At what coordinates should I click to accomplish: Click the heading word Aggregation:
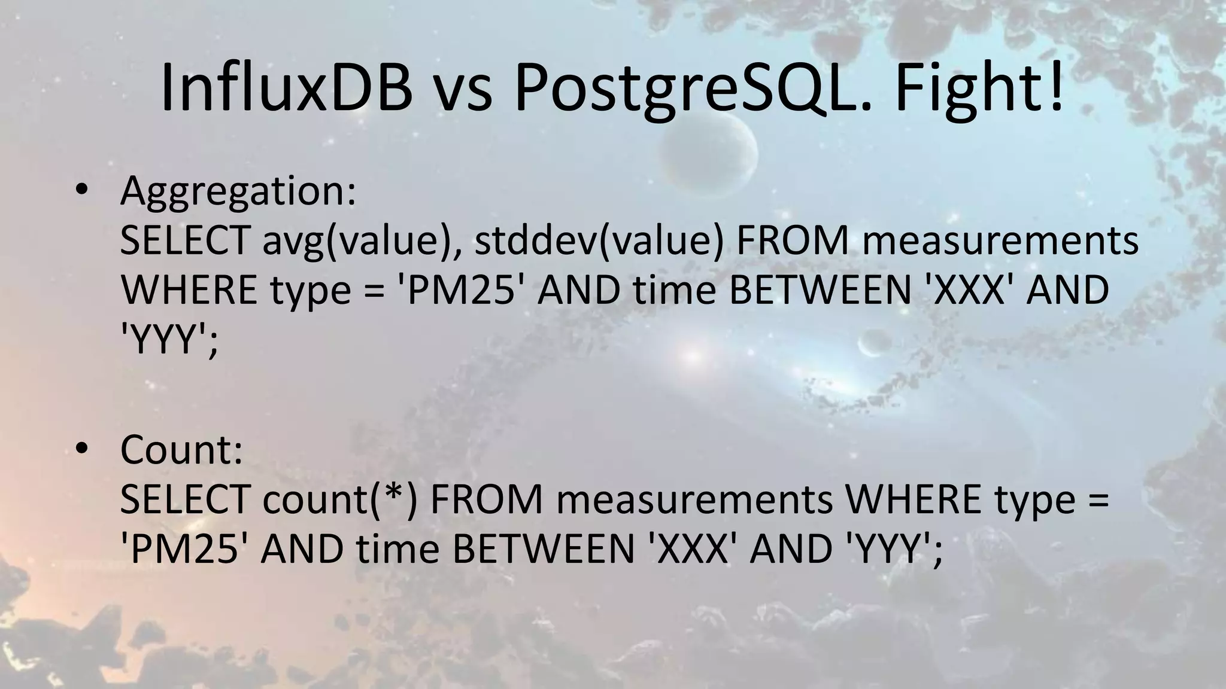pos(238,193)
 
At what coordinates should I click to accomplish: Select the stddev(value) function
pos(599,242)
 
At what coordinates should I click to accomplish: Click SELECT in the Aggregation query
pos(184,242)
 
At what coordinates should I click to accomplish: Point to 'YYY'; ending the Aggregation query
pos(169,341)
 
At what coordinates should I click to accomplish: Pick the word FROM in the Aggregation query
pos(792,242)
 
